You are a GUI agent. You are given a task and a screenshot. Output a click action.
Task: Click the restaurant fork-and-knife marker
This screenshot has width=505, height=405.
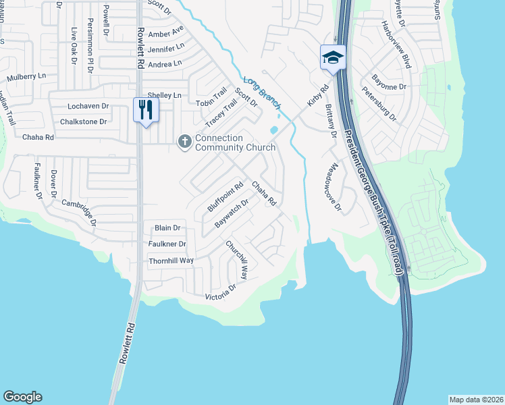146,109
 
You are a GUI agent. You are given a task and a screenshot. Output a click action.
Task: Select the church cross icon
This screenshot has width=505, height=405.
184,142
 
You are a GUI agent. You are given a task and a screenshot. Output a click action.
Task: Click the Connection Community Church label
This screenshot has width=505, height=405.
235,143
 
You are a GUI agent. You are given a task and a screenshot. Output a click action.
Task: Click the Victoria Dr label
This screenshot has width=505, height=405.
221,292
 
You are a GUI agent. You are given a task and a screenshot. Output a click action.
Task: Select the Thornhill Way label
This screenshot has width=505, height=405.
171,260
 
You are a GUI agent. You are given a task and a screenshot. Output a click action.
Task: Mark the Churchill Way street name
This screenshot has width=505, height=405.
237,259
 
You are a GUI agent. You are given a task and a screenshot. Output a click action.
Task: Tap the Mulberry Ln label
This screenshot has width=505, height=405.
26,77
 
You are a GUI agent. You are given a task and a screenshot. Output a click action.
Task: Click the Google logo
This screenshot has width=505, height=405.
22,397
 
